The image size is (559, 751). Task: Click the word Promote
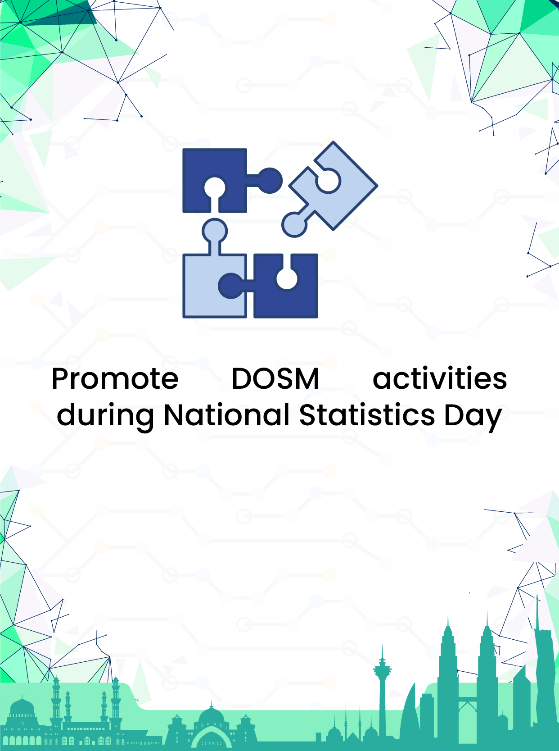(115, 378)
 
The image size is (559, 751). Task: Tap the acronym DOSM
(275, 378)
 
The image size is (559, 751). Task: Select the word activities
(440, 378)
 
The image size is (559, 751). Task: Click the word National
(226, 414)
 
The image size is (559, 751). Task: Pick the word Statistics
(367, 414)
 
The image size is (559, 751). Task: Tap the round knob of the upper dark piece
(270, 181)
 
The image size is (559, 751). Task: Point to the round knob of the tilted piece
(294, 224)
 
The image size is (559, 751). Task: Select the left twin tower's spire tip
(448, 611)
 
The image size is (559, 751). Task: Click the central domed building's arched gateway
(212, 738)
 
